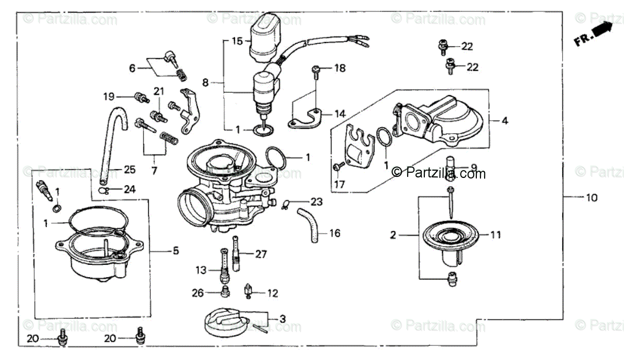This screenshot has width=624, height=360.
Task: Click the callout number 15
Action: pos(237,41)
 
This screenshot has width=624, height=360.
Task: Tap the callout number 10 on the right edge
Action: pos(592,198)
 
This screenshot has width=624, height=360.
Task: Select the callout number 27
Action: pos(261,254)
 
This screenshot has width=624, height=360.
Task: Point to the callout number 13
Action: pos(201,270)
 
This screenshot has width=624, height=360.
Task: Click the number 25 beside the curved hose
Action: pos(129,170)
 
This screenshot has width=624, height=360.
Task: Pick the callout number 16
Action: pos(335,233)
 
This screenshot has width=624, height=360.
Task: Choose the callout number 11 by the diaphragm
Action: pos(496,235)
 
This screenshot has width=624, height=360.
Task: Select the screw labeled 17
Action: pos(338,166)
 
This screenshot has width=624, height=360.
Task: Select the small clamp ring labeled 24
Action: pos(104,190)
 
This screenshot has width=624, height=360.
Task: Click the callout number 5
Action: pos(176,251)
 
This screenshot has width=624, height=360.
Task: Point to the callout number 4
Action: pos(504,121)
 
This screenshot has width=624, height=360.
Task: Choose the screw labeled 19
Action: pos(139,97)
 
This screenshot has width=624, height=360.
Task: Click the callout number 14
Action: pos(340,114)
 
